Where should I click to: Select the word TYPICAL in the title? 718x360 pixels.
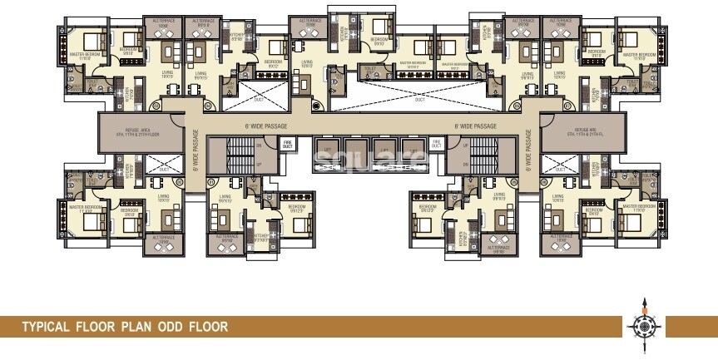click(x=48, y=327)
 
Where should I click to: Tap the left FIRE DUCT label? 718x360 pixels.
click(x=288, y=144)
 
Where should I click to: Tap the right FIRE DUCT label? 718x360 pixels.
click(x=435, y=144)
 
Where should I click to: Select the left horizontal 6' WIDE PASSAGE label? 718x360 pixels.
click(x=266, y=126)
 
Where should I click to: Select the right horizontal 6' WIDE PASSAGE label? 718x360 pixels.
click(x=475, y=126)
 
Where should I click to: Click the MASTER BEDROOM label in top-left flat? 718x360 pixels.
click(x=84, y=55)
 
